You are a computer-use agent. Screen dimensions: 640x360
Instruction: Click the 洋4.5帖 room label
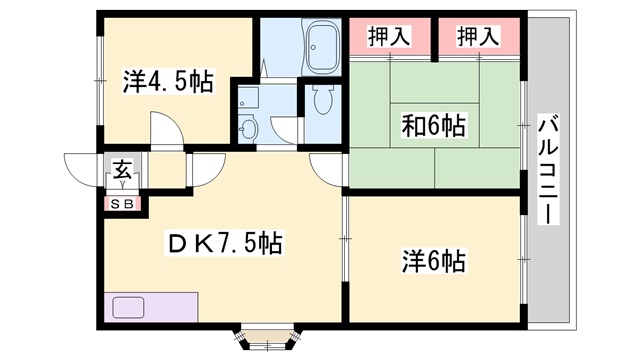click(x=168, y=82)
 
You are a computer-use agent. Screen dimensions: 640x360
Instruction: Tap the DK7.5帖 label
click(x=224, y=244)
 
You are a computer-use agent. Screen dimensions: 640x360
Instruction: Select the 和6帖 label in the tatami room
click(x=433, y=126)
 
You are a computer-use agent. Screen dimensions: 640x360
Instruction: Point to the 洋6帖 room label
click(x=433, y=261)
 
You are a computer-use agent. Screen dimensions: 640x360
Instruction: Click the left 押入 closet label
click(x=389, y=36)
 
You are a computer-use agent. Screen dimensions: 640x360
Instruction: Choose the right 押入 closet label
click(x=478, y=36)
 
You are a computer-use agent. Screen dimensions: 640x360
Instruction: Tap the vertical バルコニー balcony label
click(x=547, y=169)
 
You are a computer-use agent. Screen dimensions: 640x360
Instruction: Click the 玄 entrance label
click(x=122, y=169)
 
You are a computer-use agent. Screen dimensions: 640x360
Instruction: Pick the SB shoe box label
click(x=122, y=204)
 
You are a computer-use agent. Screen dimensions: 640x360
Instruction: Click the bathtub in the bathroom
click(x=323, y=47)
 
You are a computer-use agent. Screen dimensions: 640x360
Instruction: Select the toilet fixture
click(x=323, y=99)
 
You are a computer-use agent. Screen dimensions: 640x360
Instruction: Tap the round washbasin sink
click(x=247, y=129)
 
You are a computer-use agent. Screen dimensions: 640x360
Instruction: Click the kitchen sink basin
click(x=128, y=307)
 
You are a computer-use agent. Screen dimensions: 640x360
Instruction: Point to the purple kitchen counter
click(x=151, y=307)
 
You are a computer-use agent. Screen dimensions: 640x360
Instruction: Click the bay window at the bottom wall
click(x=267, y=338)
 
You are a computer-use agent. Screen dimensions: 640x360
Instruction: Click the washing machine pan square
click(x=249, y=98)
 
